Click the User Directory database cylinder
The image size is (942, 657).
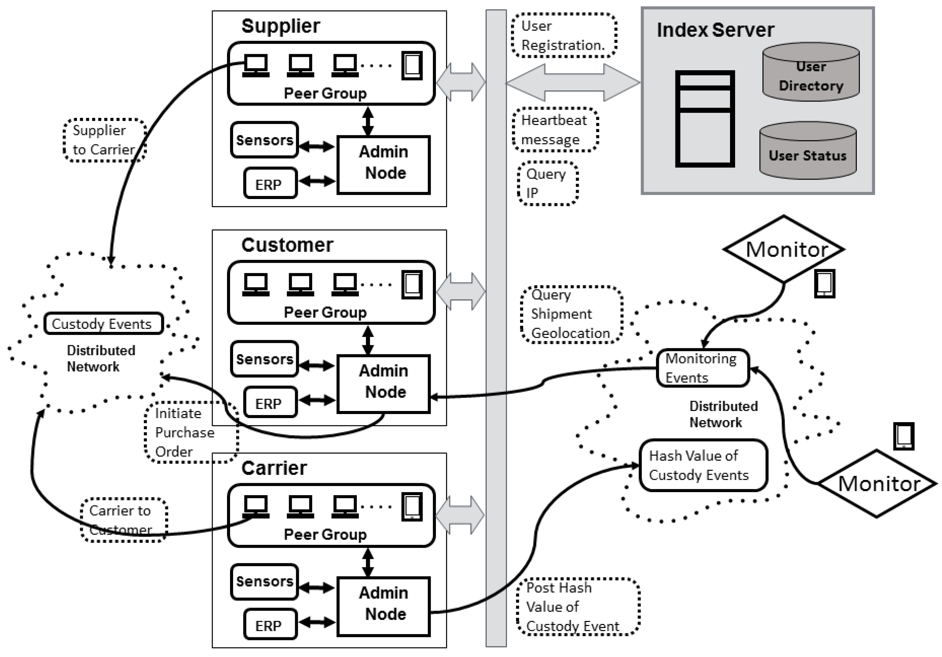point(811,72)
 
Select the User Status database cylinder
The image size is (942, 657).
point(808,151)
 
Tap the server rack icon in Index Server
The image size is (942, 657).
point(705,119)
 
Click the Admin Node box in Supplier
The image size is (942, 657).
point(384,165)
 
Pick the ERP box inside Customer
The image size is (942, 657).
point(270,402)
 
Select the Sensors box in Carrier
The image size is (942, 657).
point(264,582)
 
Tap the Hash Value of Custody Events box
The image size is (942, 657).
point(703,465)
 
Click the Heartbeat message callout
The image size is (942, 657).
point(556,129)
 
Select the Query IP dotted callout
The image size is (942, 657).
point(548,183)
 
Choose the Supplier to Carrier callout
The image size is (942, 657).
point(105,140)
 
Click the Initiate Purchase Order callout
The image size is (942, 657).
point(192,432)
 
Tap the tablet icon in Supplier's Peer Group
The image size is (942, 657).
point(412,66)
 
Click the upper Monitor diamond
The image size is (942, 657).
point(784,249)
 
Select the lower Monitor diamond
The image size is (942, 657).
point(877,484)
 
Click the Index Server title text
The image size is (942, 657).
point(715,30)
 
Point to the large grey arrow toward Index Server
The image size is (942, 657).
point(573,82)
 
